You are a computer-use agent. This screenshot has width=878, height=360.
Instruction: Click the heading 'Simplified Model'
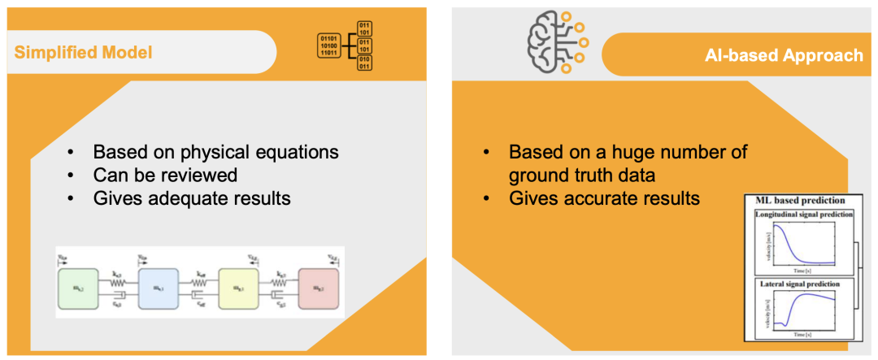click(x=83, y=53)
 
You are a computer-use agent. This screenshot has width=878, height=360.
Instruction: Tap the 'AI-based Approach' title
click(x=784, y=55)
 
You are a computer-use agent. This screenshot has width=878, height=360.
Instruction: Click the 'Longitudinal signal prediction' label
click(x=803, y=215)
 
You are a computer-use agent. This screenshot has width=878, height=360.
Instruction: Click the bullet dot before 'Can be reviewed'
click(x=72, y=176)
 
